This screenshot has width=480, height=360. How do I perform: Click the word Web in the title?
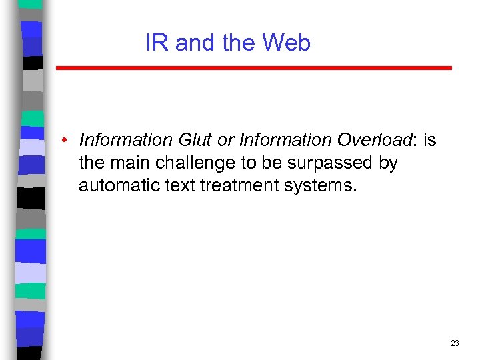point(287,43)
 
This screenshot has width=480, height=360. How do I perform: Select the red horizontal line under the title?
point(253,68)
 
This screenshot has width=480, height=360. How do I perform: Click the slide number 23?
point(455,343)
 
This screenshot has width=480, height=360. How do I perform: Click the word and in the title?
point(195,43)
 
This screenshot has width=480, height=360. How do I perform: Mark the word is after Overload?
point(429,140)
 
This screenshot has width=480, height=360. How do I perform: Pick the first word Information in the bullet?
point(125,140)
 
